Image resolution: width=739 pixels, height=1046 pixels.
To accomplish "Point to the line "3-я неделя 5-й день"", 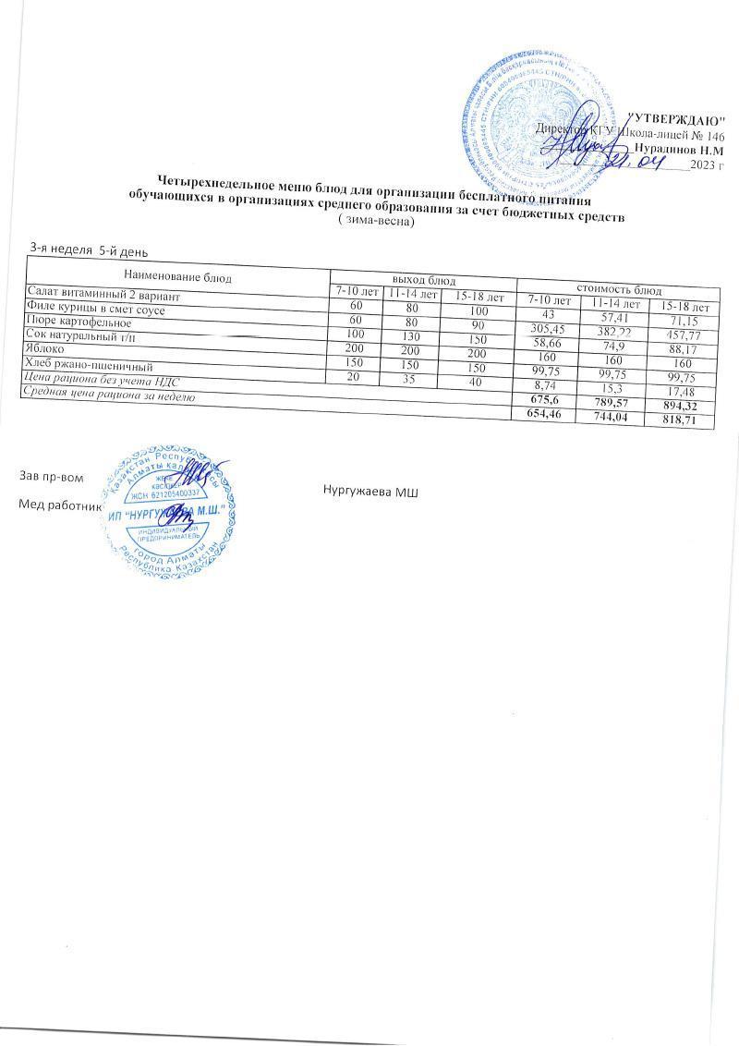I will click(x=89, y=249).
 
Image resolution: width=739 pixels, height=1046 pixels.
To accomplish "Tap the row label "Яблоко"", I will click(x=46, y=348).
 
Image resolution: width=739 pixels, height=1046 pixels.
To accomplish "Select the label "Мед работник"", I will click(x=55, y=505).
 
